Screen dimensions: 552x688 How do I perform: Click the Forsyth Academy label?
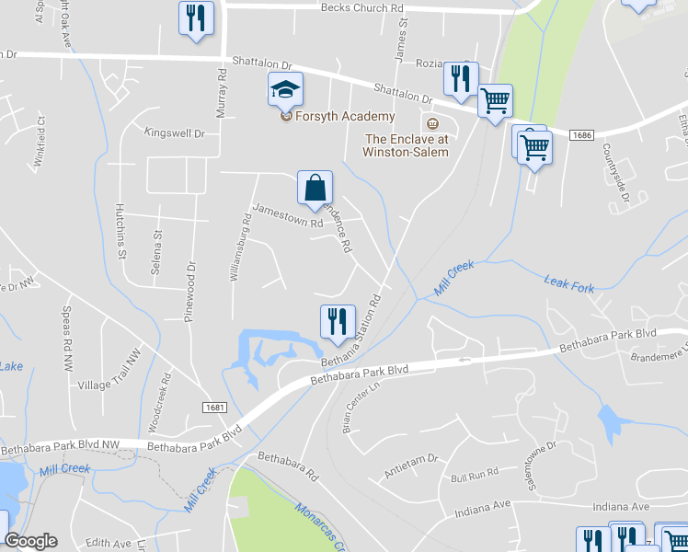tap(344, 117)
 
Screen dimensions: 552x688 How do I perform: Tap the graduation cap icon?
tap(285, 91)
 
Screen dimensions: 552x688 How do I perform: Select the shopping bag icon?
tap(315, 188)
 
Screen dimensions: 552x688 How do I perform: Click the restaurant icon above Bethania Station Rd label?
tap(337, 321)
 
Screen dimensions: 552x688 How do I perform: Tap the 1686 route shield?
tap(580, 135)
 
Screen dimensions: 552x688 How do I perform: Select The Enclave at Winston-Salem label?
tap(407, 145)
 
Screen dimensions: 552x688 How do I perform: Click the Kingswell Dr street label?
tap(174, 133)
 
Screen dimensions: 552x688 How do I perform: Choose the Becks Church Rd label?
tap(362, 7)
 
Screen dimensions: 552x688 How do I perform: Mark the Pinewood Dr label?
tap(191, 286)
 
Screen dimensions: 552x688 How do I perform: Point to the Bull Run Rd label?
tap(475, 475)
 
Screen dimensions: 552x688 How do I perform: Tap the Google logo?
tap(30, 541)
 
